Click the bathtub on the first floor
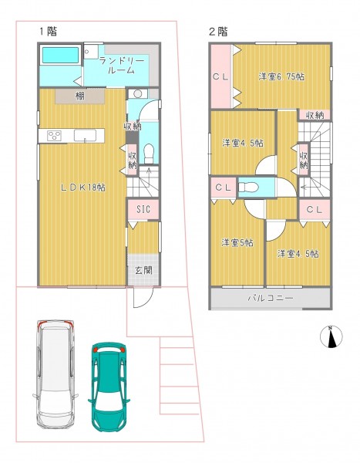pyautogui.click(x=60, y=55)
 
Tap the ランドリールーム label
pyautogui.click(x=122, y=66)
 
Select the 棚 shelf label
pyautogui.click(x=79, y=96)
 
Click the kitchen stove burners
pyautogui.click(x=55, y=136)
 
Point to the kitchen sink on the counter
pyautogui.click(x=85, y=136)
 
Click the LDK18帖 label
pyautogui.click(x=83, y=188)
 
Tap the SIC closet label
pyautogui.click(x=143, y=209)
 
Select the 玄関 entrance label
pyautogui.click(x=143, y=270)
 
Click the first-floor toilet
pyautogui.click(x=149, y=153)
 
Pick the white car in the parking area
pyautogui.click(x=56, y=373)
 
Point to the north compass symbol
pyautogui.click(x=331, y=336)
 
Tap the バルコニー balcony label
pyautogui.click(x=271, y=298)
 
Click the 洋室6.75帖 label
pyautogui.click(x=281, y=76)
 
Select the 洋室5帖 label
pyautogui.click(x=237, y=243)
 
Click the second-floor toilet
pyautogui.click(x=248, y=188)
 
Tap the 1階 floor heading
pyautogui.click(x=49, y=31)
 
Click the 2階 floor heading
pyautogui.click(x=218, y=32)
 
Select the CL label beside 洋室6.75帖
pyautogui.click(x=220, y=77)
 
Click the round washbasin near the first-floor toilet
pyautogui.click(x=137, y=93)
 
